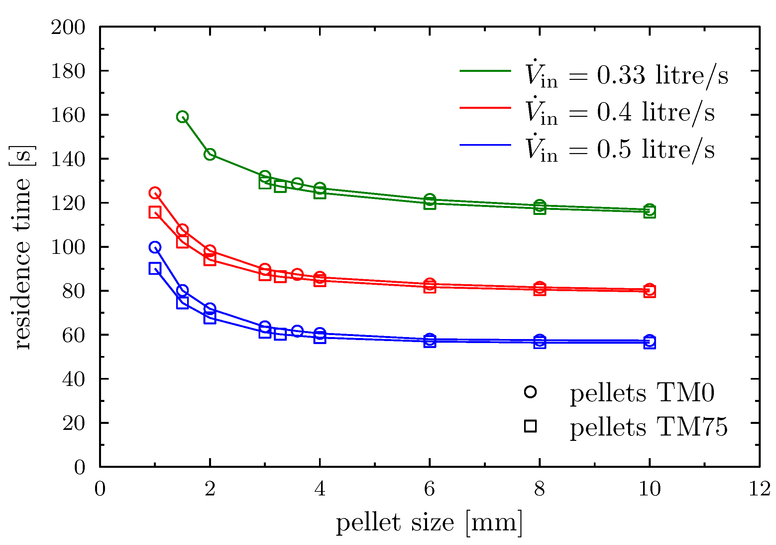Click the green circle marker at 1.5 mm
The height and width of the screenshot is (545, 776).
(182, 117)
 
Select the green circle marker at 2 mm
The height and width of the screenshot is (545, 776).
(210, 154)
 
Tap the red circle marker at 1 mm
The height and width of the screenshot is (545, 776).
(155, 193)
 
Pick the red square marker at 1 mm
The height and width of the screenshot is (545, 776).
(155, 212)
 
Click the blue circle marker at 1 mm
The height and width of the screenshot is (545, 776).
(155, 247)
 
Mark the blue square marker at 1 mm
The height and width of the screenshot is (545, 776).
(155, 269)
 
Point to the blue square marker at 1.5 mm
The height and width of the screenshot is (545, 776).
(182, 303)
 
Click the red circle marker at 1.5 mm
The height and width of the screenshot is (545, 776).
(182, 230)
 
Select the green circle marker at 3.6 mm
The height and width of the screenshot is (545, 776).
(297, 183)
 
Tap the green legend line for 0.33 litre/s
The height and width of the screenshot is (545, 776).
(485, 71)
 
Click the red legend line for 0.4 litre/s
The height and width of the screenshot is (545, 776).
(485, 108)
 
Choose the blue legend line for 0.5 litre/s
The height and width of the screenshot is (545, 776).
(485, 145)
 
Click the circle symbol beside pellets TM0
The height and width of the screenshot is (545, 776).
(530, 392)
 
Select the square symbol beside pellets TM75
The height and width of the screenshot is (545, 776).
(530, 426)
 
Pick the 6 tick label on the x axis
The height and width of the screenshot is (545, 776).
(430, 489)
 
